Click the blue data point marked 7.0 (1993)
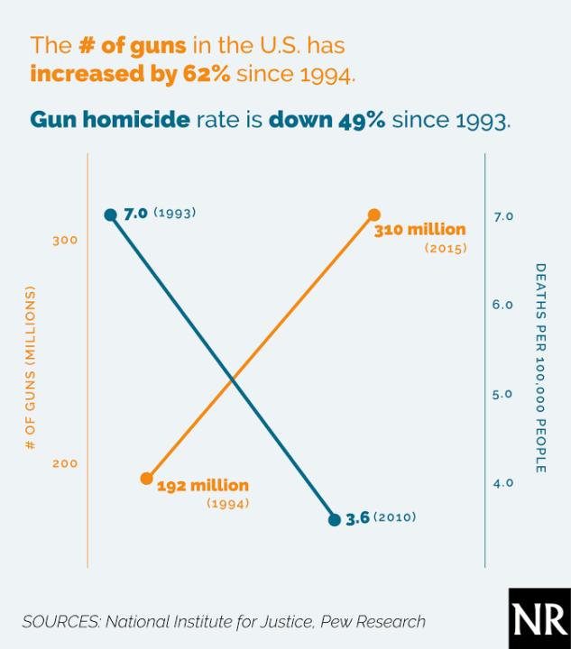pyautogui.click(x=110, y=215)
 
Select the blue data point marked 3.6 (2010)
pyautogui.click(x=335, y=519)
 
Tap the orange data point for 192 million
pyautogui.click(x=147, y=479)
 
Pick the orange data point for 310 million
pyautogui.click(x=374, y=215)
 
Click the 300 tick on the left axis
pyautogui.click(x=65, y=241)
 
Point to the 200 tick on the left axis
pyautogui.click(x=65, y=463)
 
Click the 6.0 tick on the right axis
pyautogui.click(x=502, y=305)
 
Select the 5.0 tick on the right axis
pyautogui.click(x=502, y=394)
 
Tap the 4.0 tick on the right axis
pyautogui.click(x=502, y=483)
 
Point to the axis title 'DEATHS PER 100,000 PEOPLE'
pyautogui.click(x=539, y=368)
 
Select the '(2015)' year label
pyautogui.click(x=445, y=248)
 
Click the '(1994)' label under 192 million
pyautogui.click(x=227, y=504)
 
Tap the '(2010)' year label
pyautogui.click(x=394, y=518)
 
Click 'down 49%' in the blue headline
pyautogui.click(x=328, y=120)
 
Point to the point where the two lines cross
pyautogui.click(x=234, y=379)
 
